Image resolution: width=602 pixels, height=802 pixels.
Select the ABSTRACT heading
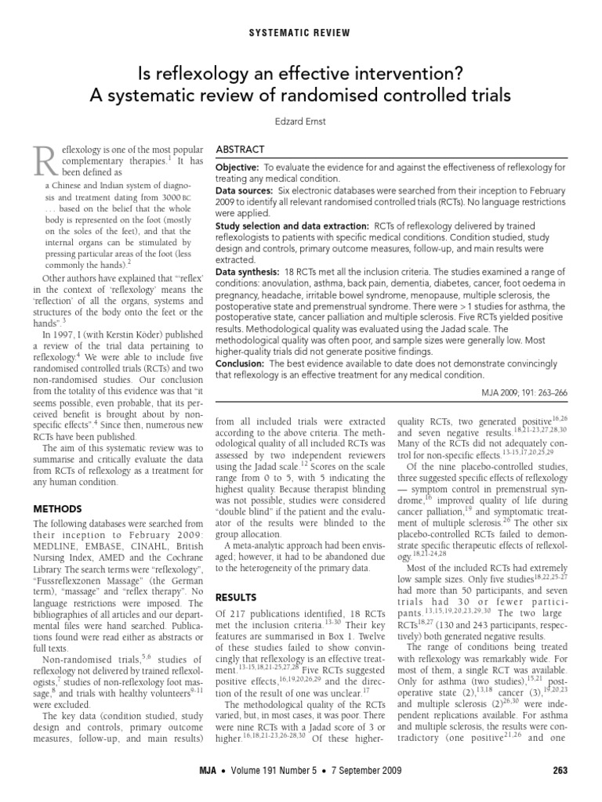coord(241,150)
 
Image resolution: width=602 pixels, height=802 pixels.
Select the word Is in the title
coord(143,74)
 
